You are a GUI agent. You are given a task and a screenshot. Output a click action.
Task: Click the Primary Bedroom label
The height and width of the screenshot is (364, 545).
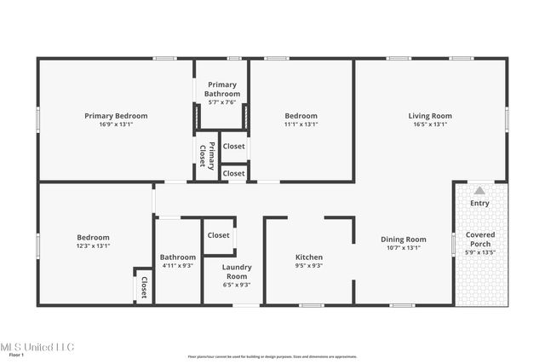[116, 116]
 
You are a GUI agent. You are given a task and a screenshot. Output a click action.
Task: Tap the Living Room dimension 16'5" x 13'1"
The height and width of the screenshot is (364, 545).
[429, 124]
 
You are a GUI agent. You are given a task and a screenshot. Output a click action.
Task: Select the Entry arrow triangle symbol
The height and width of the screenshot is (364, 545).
[479, 191]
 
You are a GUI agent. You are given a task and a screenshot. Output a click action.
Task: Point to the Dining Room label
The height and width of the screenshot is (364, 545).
[403, 240]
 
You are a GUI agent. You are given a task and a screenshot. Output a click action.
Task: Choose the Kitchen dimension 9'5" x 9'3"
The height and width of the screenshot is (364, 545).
[308, 265]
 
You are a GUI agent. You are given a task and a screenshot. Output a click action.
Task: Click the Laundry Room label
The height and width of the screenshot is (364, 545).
[236, 272]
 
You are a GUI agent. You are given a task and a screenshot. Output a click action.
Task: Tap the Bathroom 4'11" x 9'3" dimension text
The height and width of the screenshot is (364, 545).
[177, 265]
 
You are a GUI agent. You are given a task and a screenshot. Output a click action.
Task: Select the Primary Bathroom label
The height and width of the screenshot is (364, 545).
[222, 90]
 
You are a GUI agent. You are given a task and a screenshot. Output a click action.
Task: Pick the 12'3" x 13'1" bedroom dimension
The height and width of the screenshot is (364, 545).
[93, 246]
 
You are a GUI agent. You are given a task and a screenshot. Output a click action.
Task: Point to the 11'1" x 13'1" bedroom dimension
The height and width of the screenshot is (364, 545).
[301, 124]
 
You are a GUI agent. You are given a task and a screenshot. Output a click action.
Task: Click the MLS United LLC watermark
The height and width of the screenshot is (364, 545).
[37, 347]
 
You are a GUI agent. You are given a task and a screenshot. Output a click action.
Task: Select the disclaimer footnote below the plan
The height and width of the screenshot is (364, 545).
[272, 357]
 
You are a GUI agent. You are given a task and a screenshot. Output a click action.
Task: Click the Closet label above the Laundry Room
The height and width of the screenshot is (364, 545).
[218, 235]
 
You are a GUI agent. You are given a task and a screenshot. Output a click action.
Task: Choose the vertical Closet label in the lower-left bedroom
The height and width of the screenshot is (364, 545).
[144, 286]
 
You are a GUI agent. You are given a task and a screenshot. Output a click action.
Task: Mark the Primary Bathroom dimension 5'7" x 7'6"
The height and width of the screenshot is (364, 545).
[222, 102]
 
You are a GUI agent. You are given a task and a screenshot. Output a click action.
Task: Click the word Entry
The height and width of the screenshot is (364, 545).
[479, 203]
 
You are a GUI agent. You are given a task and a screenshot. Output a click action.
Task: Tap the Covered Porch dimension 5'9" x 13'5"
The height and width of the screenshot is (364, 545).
[479, 252]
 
